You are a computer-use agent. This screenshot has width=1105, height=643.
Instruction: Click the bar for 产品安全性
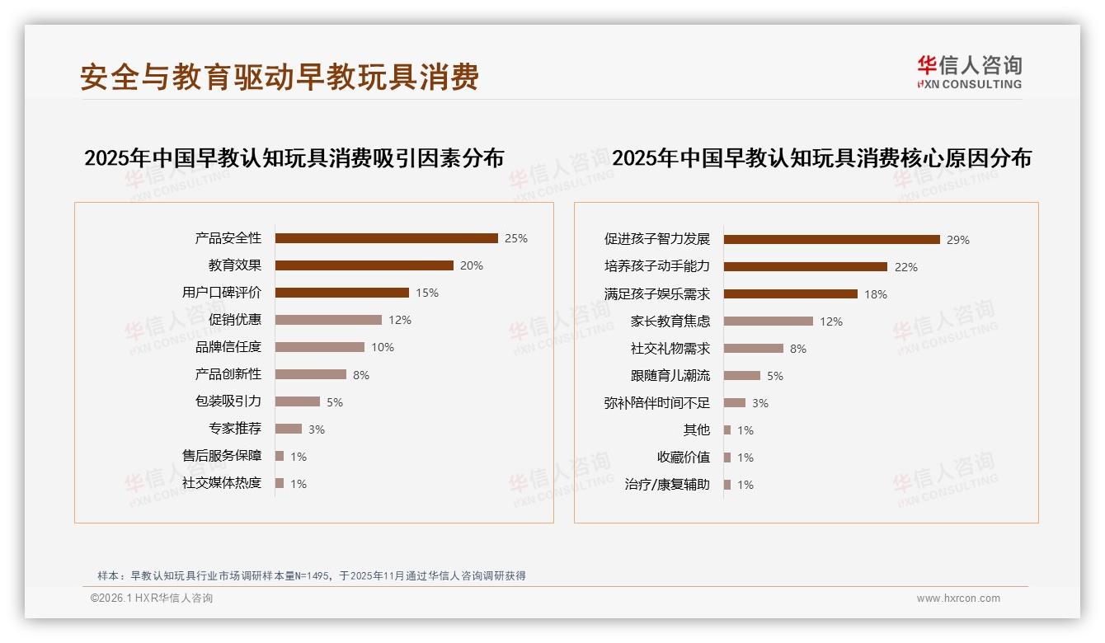386,238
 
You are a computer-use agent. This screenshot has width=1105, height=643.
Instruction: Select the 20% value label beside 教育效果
472,265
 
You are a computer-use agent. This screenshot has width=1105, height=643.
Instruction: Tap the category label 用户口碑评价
221,293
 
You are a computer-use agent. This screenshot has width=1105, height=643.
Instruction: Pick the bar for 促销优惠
328,320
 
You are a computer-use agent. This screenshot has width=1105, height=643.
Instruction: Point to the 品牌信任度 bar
319,347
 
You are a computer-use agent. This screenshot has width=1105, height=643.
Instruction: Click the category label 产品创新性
228,374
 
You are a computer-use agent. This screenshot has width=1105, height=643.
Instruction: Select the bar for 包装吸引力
297,401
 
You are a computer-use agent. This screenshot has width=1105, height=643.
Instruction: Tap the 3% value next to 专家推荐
317,429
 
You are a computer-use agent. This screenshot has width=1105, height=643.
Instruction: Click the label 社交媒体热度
221,483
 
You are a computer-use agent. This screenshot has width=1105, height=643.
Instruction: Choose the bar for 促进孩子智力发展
831,240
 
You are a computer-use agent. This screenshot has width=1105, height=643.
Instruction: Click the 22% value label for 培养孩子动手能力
905,267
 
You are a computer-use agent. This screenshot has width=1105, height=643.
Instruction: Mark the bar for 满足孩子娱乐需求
790,294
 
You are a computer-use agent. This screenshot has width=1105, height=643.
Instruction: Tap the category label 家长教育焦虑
670,321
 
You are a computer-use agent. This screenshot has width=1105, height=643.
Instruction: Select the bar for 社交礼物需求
753,349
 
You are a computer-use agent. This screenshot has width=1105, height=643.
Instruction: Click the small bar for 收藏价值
727,458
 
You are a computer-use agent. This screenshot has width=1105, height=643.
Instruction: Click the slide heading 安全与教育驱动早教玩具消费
280,77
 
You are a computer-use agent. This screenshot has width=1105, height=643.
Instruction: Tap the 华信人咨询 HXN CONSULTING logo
969,73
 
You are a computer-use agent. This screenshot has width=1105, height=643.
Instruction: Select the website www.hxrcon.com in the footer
958,598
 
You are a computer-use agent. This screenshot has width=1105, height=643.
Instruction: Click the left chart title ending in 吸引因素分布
294,158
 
